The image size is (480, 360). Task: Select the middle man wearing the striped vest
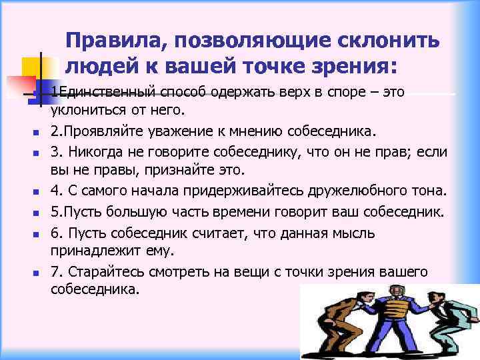pyautogui.click(x=396, y=313)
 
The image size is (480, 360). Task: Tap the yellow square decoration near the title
pyautogui.click(x=33, y=67)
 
